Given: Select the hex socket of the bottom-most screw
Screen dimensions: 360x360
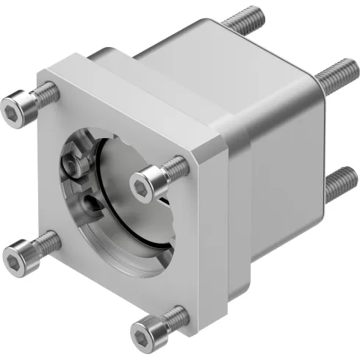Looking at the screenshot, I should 142,338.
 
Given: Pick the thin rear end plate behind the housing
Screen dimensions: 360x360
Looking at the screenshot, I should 319,147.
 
